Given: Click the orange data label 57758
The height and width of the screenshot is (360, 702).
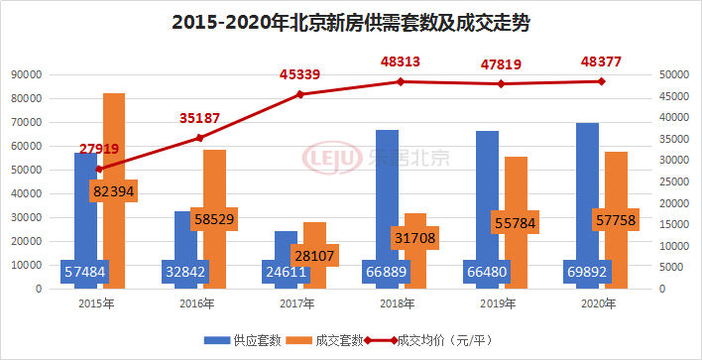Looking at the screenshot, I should [615, 219].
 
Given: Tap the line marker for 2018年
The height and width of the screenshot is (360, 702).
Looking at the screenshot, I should [401, 81].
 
